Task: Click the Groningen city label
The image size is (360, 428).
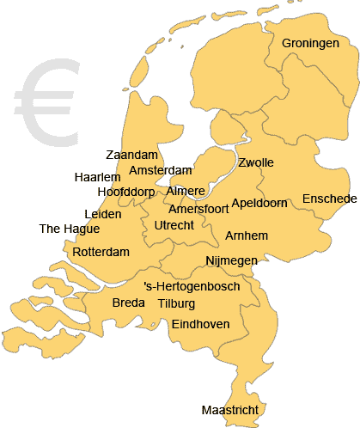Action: pos(310,43)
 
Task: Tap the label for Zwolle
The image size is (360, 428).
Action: pos(256,163)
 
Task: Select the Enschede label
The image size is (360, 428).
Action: pos(329,199)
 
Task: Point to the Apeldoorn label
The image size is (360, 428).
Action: pos(259,204)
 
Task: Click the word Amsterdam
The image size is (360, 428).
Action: pos(160,171)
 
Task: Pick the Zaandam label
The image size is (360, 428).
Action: pos(132,156)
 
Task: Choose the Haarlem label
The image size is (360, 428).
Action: pos(97,177)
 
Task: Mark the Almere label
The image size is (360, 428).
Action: pos(186,191)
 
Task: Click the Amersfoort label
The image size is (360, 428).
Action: pos(198,209)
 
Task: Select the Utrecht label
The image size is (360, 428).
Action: pos(174,225)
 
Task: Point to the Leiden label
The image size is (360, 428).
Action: pos(103,214)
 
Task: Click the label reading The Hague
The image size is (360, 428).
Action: pos(70,229)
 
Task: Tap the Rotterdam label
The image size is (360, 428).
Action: pos(101,253)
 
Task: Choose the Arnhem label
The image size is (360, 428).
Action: pos(247,235)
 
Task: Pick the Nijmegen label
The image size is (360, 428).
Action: pos(231,260)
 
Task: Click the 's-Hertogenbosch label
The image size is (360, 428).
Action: pos(192,285)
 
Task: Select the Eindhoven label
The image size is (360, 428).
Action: pos(200,324)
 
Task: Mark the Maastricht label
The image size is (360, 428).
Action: pos(229,410)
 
